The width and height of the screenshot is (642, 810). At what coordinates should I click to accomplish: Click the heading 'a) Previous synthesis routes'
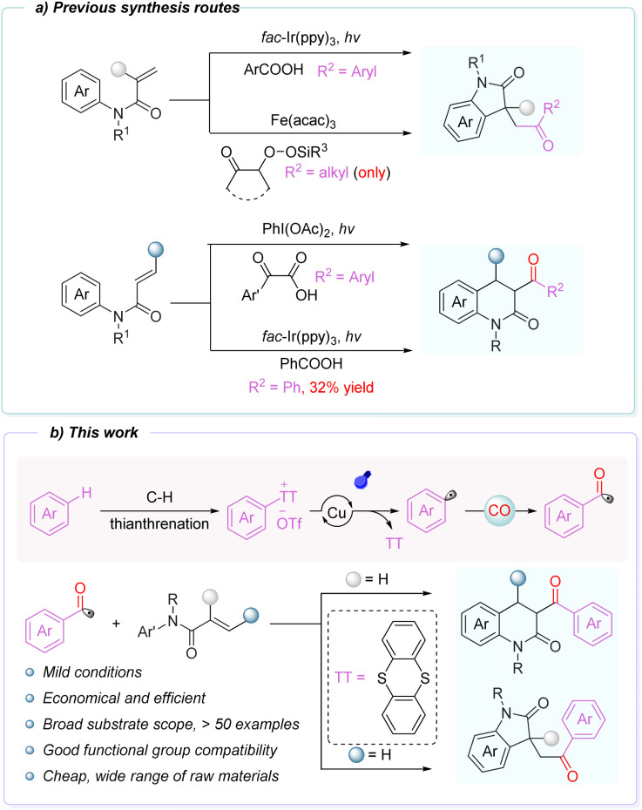click(138, 8)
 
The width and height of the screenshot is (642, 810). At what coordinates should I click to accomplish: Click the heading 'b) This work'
click(94, 432)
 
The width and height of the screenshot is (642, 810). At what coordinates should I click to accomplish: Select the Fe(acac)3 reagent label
click(303, 121)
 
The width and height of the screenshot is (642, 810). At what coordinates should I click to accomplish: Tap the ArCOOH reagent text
click(274, 70)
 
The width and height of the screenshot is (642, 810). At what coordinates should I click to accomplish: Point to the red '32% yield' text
click(341, 388)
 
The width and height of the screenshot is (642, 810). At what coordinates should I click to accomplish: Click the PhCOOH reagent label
click(311, 364)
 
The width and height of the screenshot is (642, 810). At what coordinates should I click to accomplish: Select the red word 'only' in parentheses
click(372, 172)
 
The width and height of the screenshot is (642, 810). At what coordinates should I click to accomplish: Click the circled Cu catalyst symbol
click(336, 512)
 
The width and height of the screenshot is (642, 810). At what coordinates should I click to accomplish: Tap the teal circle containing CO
click(499, 510)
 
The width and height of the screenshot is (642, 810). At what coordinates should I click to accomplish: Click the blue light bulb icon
click(363, 480)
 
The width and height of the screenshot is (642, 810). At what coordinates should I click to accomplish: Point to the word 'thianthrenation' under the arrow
click(159, 523)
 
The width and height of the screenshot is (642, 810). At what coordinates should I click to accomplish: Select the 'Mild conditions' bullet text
click(92, 672)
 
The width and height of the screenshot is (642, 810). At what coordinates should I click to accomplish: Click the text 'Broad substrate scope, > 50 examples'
click(171, 725)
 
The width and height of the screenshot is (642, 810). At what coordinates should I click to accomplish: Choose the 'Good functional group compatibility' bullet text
click(160, 750)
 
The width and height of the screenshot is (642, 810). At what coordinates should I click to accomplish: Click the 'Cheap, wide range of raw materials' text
click(160, 776)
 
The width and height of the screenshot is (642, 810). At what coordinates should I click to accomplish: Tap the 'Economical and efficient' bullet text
click(124, 698)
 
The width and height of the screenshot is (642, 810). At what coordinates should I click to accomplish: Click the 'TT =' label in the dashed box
click(349, 677)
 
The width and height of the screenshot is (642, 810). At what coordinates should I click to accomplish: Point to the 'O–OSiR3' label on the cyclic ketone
click(295, 152)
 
